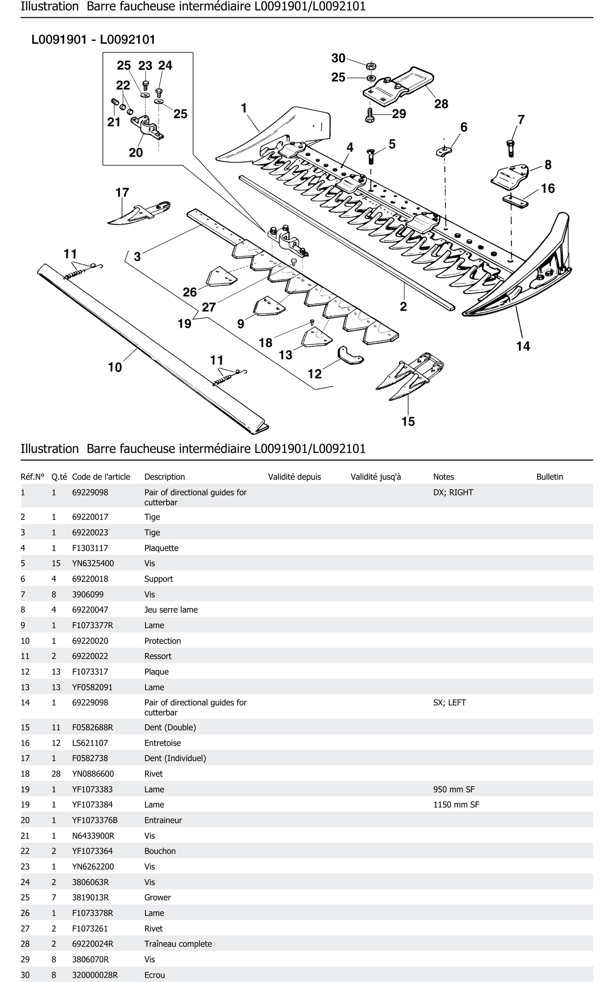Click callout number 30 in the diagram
coord(338,58)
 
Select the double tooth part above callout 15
coord(410,375)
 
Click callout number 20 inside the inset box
coord(136,153)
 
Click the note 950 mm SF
coord(454,789)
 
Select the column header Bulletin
coord(549,477)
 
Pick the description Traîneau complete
coord(178,944)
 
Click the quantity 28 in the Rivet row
coord(56,774)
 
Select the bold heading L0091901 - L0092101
coord(93,40)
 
